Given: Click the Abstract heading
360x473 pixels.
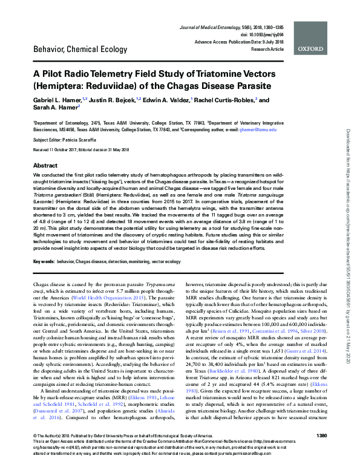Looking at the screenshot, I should [x=45, y=165].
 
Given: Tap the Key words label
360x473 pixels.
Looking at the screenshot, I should [x=45, y=261].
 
